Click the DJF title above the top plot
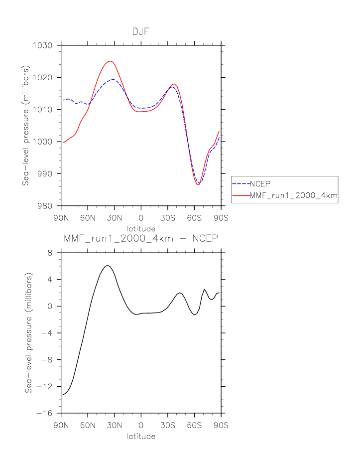[140, 31]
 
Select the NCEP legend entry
[260, 183]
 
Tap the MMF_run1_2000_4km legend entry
[293, 197]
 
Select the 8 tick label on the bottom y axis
[50, 253]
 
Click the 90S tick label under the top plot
[221, 218]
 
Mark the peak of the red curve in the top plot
[110, 61]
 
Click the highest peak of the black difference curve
[108, 265]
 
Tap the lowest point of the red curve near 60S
[198, 185]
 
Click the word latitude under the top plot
[140, 228]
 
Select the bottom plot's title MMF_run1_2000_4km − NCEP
[141, 239]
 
